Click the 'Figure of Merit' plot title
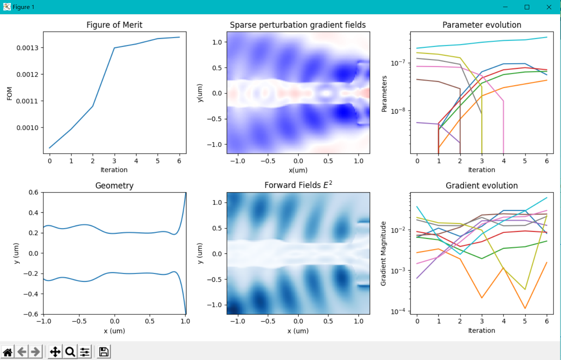[114, 25]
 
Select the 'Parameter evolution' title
[482, 25]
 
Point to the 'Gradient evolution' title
[482, 185]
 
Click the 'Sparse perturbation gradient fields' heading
[298, 25]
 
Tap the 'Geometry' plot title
[114, 186]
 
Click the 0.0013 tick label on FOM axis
[28, 47]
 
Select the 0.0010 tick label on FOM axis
[28, 128]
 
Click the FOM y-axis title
[9, 93]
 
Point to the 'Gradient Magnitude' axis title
[383, 253]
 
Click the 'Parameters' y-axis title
[384, 93]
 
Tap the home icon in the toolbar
[8, 352]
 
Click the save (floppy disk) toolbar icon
[104, 352]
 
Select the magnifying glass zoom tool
[70, 352]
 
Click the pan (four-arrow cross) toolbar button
[55, 352]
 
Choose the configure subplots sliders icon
[85, 352]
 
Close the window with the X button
[549, 7]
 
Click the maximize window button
[527, 7]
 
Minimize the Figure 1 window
[505, 7]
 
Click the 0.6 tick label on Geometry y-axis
[34, 192]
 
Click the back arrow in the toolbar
[22, 352]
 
